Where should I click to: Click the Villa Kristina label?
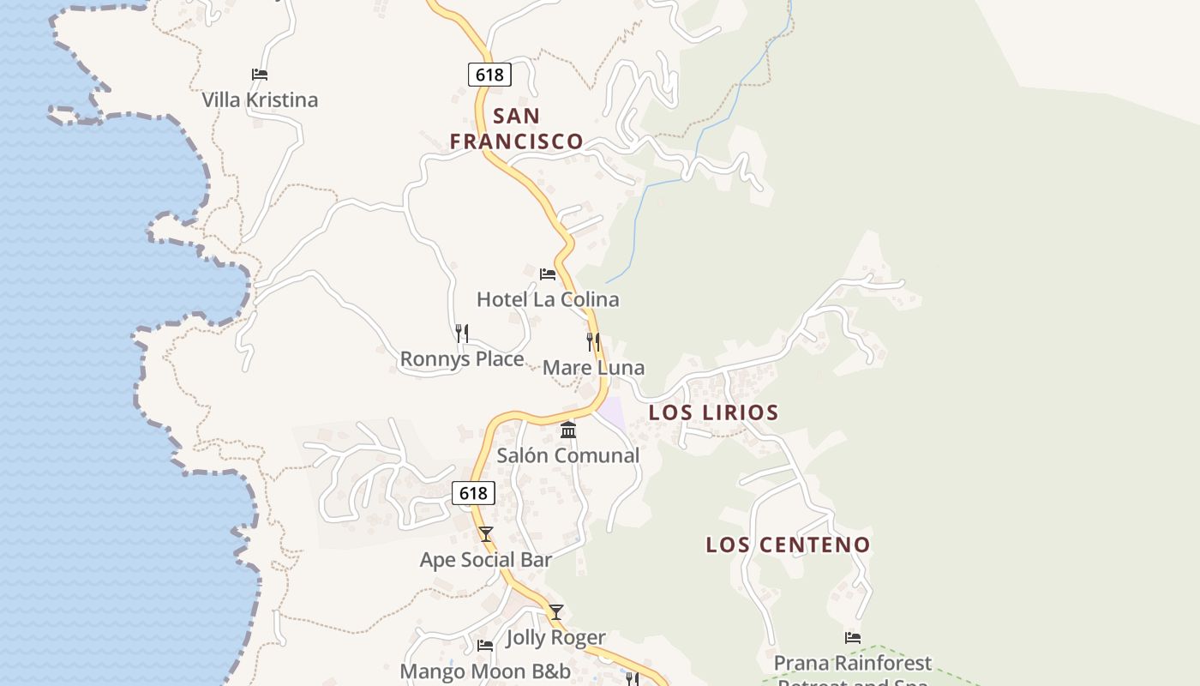[x=260, y=100]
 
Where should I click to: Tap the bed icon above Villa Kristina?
[x=260, y=75]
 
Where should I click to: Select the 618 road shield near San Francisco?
[x=489, y=75]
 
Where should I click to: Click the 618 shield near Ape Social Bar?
[x=473, y=493]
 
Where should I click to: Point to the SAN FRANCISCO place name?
[x=517, y=129]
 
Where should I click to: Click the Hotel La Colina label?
[x=548, y=300]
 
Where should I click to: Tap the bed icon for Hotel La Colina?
[x=548, y=274]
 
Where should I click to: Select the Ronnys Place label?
[x=462, y=359]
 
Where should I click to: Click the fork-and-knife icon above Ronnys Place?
[x=462, y=333]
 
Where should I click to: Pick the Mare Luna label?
[x=593, y=368]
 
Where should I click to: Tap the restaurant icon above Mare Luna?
[x=593, y=342]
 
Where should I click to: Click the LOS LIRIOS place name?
[x=713, y=412]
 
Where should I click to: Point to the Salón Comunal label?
[x=568, y=455]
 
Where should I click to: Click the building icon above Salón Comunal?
[x=568, y=430]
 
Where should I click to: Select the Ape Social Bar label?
[x=486, y=560]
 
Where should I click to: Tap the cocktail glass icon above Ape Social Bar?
[x=486, y=534]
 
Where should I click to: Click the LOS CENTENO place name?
[x=788, y=545]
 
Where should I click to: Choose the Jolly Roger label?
[x=556, y=638]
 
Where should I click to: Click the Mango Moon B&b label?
[x=485, y=671]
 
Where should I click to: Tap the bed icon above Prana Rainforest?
[x=853, y=637]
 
